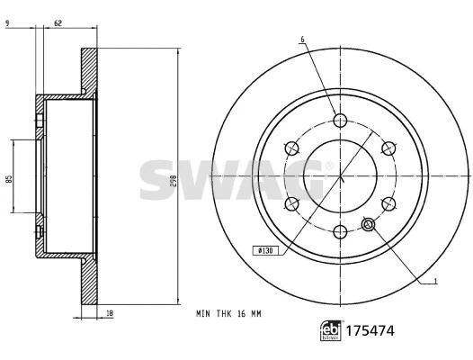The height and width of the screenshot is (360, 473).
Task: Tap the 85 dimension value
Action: [7, 179]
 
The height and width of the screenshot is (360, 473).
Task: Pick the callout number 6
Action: [302, 40]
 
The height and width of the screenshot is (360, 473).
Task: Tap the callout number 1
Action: [435, 282]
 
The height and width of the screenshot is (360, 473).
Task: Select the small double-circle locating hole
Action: [368, 224]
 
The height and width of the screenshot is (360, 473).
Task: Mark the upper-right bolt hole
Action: [388, 149]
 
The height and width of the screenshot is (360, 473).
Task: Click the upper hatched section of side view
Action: [88, 72]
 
